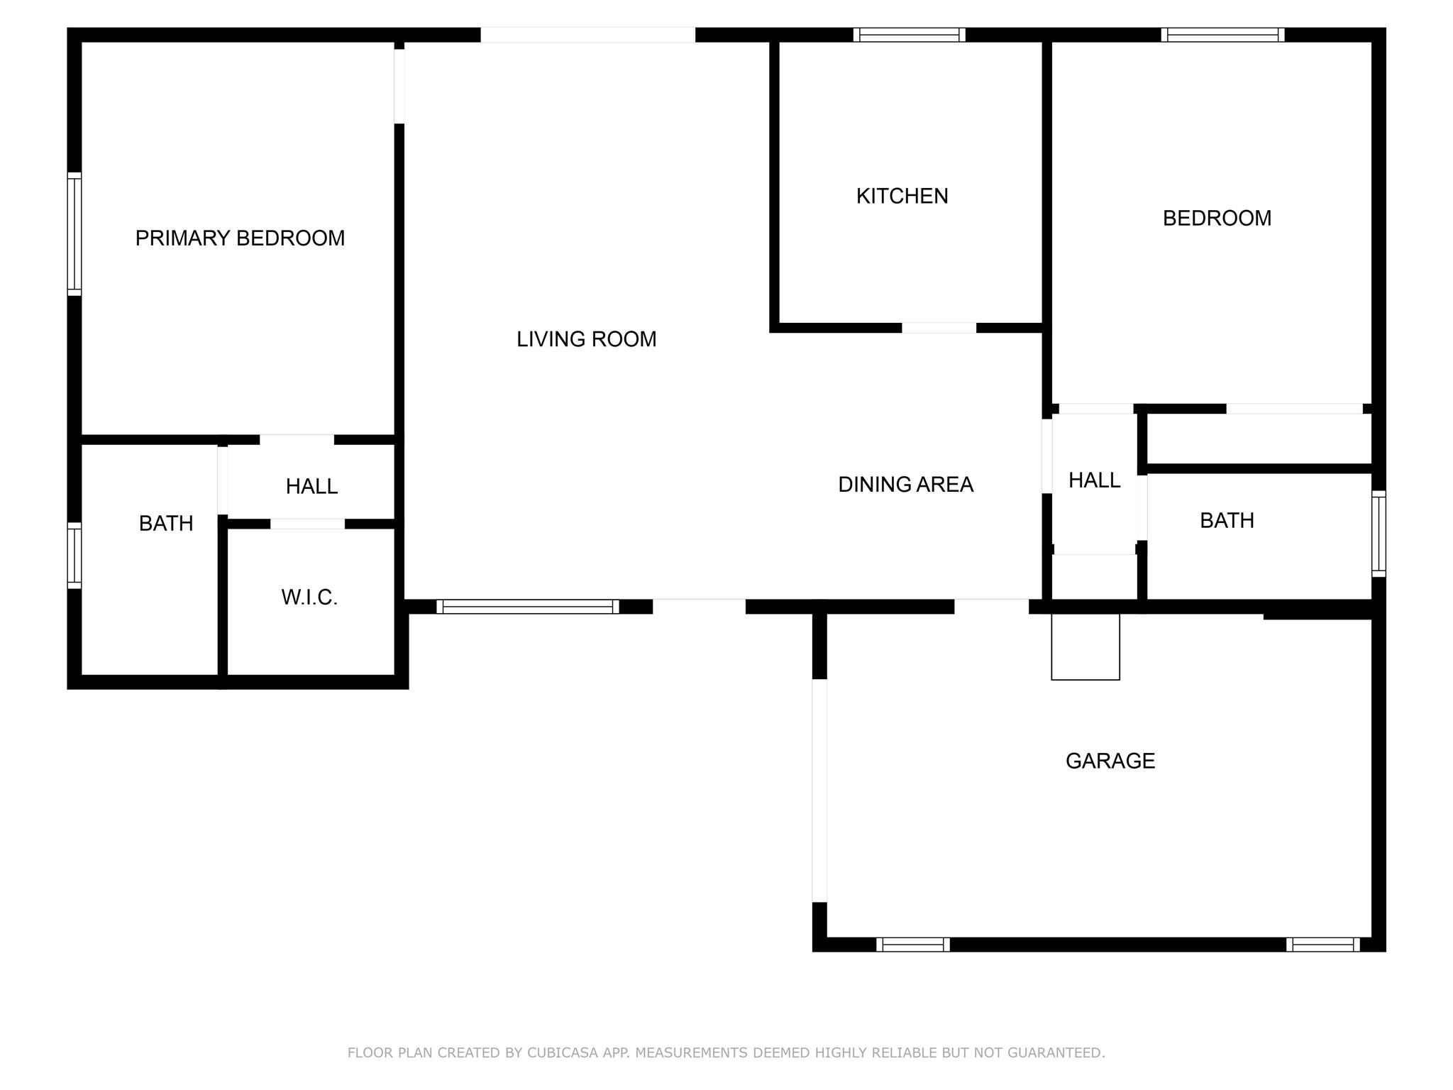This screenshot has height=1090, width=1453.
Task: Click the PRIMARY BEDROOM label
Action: coord(240,238)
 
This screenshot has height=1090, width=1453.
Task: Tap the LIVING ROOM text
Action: coord(586,339)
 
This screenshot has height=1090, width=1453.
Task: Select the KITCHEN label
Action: coord(902,196)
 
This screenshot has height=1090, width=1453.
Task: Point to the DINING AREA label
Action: coord(905,484)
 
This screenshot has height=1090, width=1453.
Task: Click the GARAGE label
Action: coord(1110,761)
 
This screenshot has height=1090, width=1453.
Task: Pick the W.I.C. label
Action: coord(309,598)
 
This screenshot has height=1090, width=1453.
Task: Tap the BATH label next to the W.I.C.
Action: coord(166,523)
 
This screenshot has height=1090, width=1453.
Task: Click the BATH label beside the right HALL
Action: coord(1227,520)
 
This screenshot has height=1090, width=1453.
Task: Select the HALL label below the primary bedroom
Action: coord(311,486)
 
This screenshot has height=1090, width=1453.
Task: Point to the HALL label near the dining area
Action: coord(1094,480)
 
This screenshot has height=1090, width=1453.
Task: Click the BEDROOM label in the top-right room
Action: coord(1217,218)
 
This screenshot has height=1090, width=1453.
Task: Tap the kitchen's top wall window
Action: coord(909,35)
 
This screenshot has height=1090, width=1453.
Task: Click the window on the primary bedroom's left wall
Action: coord(74,233)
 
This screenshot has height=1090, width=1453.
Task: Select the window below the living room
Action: coord(527,607)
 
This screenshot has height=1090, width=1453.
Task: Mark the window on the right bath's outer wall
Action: coord(1379,534)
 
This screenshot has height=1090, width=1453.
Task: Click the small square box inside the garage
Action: coord(1085,646)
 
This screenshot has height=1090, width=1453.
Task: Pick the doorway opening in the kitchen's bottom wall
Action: coord(939,328)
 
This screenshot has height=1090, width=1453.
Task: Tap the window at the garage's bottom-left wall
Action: coord(913,945)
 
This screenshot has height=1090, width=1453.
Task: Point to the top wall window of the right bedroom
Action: coord(1222,35)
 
